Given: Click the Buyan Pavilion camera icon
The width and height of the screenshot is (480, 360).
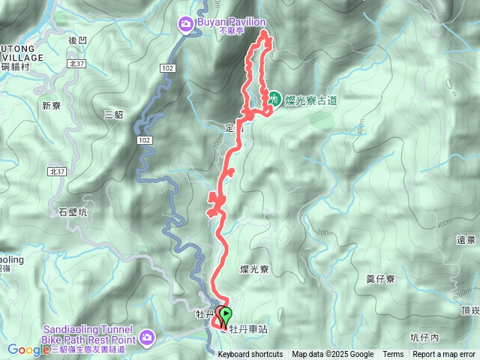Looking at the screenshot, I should point(185,25).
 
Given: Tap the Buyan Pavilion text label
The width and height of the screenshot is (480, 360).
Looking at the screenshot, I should point(229,22).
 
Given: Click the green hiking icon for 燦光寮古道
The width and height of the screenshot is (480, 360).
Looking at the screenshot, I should point(274,98).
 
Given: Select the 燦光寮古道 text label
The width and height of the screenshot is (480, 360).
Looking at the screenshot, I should point(307,99).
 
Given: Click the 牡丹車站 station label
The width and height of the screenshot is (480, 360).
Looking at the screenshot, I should point(247,328).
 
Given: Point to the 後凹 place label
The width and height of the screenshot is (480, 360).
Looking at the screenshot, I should point(78,40).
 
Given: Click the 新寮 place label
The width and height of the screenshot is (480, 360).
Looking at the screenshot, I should point(51,106).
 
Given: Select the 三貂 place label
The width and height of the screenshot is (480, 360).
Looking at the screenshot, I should point(113,114).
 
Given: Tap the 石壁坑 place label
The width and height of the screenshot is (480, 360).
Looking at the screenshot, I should point(73,212).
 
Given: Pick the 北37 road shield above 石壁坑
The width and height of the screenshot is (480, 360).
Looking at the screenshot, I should point(57,172).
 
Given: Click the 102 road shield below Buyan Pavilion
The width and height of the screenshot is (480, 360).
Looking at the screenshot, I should point(167,68).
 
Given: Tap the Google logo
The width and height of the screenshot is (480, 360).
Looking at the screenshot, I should point(28,349).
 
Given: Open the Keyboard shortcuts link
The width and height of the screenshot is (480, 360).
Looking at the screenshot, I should point(250,355).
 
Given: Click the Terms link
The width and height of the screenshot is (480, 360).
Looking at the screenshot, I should point(393,355).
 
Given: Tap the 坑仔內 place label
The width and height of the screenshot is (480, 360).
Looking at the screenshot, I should point(425,337).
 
